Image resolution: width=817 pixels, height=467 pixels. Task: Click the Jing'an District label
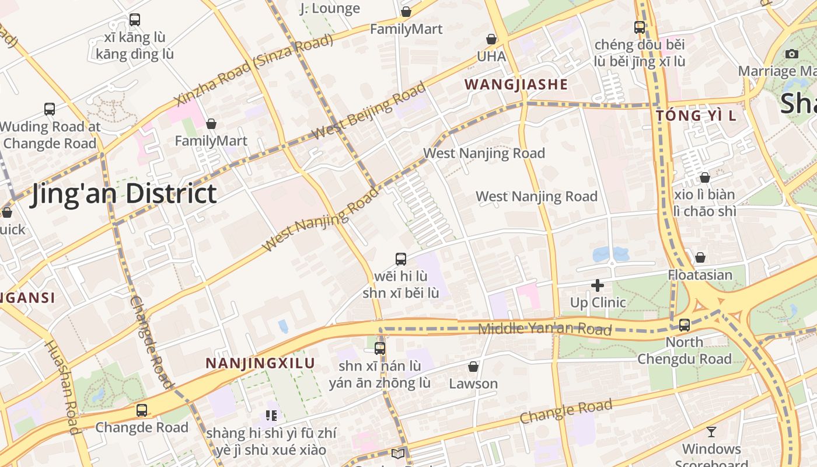124,194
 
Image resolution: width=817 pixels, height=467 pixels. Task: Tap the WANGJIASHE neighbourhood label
516,85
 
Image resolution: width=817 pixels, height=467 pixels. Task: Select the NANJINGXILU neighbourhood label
260,363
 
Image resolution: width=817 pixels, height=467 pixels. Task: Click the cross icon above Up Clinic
597,285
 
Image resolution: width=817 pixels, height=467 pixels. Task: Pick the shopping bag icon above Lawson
473,367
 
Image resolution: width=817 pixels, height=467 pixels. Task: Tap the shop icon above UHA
491,39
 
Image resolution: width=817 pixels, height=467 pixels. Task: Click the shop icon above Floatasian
700,257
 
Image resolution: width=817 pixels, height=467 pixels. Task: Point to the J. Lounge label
330,8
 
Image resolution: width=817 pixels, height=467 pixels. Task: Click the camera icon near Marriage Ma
792,54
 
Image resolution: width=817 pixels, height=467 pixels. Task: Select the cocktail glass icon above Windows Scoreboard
711,432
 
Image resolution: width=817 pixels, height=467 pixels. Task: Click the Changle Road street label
566,411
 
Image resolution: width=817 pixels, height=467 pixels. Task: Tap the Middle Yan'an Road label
544,329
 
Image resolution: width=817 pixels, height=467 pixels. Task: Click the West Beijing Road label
369,110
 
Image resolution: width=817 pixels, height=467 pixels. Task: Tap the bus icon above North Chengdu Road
685,325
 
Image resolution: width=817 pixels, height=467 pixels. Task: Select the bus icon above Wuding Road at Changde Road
50,109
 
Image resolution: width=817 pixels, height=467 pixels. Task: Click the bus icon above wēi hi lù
401,259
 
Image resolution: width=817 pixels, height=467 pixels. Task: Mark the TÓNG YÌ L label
696,116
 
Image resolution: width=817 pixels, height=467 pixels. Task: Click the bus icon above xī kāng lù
135,20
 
